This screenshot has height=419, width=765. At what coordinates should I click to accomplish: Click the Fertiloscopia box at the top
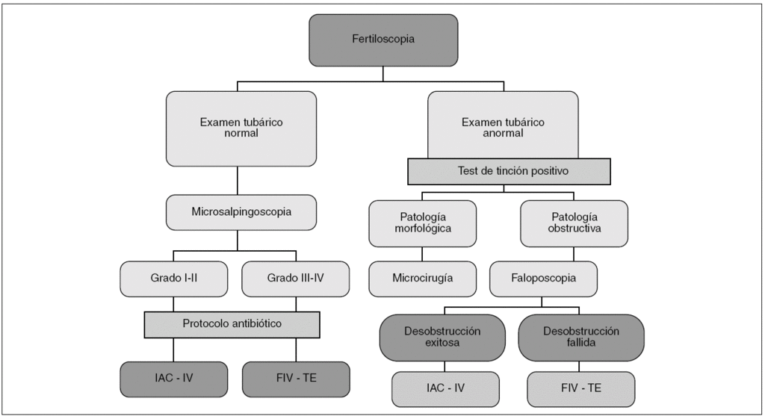pos(382,40)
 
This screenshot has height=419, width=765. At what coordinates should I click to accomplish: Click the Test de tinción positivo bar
pos(509,171)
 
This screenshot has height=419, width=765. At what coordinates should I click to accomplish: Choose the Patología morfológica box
pos(423,223)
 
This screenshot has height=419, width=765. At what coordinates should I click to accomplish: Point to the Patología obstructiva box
pos(574,223)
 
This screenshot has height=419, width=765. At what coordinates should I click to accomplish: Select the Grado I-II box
pos(173,279)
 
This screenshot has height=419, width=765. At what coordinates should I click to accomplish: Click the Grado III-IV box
pos(296,279)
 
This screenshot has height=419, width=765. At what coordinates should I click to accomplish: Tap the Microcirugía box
pos(423,279)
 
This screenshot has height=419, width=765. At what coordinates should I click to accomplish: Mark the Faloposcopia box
pos(543,279)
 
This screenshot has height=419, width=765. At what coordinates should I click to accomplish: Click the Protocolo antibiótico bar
pos(232,324)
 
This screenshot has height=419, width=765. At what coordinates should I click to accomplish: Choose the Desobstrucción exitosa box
pos(445,337)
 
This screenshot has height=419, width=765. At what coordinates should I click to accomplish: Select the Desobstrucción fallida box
pos(581,337)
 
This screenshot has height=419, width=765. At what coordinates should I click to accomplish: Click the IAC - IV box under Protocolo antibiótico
pos(173,379)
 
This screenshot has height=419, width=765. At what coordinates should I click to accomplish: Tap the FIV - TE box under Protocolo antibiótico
pos(296,379)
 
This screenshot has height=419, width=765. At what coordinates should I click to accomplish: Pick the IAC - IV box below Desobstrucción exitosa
pos(445,389)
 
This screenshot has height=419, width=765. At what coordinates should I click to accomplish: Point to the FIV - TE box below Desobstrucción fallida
pos(581,389)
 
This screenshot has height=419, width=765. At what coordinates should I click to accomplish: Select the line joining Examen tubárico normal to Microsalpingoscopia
pos(237,181)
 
